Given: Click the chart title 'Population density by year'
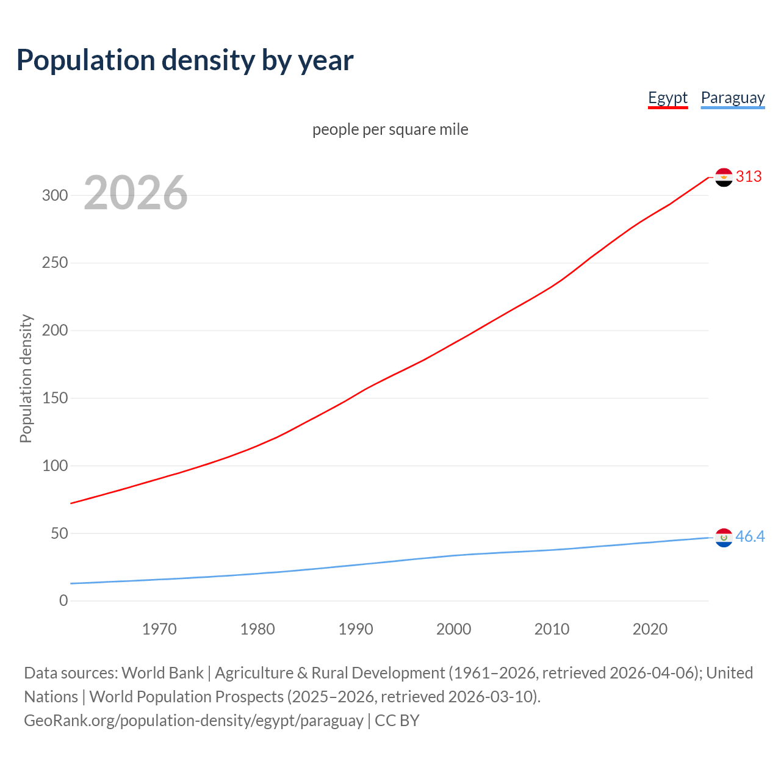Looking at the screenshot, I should click(x=185, y=60).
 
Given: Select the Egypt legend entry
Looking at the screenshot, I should click(x=668, y=98).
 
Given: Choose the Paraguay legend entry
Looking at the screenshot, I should click(x=732, y=98).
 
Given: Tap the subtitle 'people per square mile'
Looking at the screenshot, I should click(x=390, y=129).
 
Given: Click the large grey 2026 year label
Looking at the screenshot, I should click(x=135, y=193).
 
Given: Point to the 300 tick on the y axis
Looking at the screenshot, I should click(x=54, y=195).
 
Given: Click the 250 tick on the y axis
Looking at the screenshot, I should click(x=54, y=263).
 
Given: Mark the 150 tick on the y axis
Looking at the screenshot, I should click(x=54, y=398).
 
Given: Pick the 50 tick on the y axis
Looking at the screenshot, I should click(x=59, y=533).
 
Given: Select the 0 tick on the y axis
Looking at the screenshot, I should click(x=63, y=601).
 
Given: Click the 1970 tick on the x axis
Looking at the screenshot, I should click(x=159, y=629).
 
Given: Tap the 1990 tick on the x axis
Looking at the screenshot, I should click(x=356, y=629).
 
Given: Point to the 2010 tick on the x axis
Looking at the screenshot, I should click(x=552, y=629).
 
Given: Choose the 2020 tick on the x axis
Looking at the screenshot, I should click(x=650, y=629).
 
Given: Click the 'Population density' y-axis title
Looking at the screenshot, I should click(x=26, y=378).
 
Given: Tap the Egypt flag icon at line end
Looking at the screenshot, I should click(x=724, y=177).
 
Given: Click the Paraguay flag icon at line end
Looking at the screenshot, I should click(x=724, y=537).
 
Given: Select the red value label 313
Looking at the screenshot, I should click(x=749, y=176).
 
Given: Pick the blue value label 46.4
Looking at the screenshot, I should click(x=750, y=536).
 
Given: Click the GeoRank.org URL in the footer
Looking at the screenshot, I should click(x=193, y=721).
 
